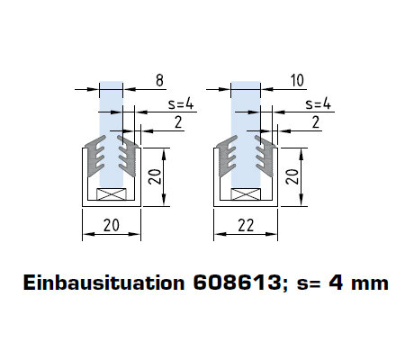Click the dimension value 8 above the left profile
(x=159, y=80)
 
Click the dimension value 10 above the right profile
(x=297, y=80)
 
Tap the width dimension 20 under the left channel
(x=112, y=225)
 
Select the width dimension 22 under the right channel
(x=246, y=225)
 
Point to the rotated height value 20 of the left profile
(x=156, y=176)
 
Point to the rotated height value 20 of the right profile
(x=292, y=176)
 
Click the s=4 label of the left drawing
(x=181, y=103)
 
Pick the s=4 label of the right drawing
(x=318, y=103)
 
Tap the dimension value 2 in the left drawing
(x=178, y=122)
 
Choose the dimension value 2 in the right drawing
(x=316, y=122)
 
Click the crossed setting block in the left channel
(x=111, y=194)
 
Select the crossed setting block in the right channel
(x=246, y=194)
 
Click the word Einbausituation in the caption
(x=103, y=283)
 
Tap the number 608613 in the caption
(x=237, y=283)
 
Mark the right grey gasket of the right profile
(x=265, y=156)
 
